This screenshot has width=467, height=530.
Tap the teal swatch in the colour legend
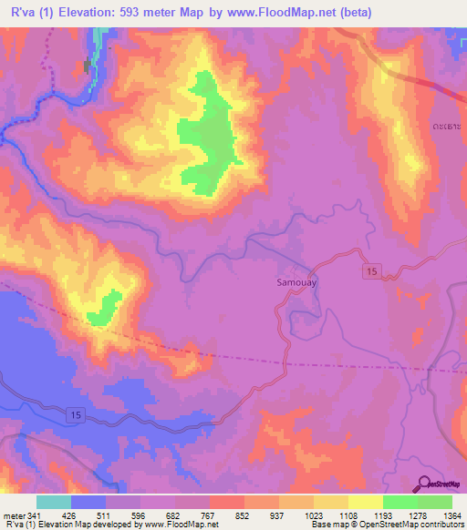click(54, 502)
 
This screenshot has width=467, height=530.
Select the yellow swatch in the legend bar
click(365, 502)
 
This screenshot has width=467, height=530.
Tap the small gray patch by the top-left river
click(88, 66)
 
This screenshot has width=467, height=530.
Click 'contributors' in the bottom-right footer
click(442, 525)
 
